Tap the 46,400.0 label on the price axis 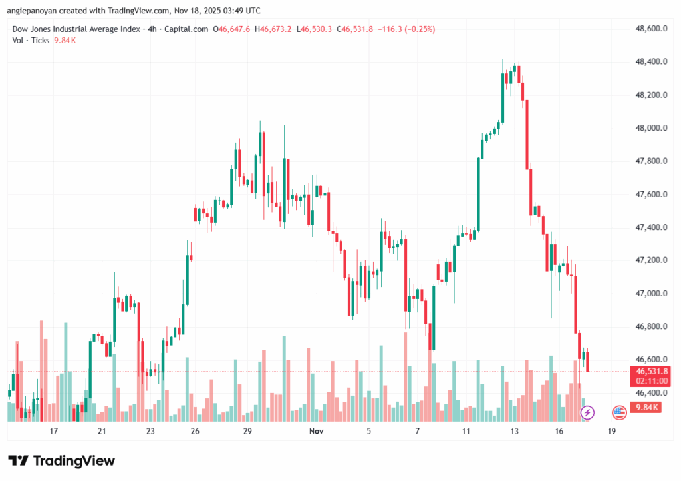[x=648, y=393]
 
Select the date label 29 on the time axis [x=247, y=432]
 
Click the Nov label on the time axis [x=316, y=432]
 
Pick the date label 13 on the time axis [x=514, y=432]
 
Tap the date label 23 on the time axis [x=150, y=432]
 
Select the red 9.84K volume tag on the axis [x=647, y=408]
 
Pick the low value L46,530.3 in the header [x=315, y=29]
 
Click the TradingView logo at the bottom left [x=61, y=461]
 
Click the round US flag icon [x=620, y=413]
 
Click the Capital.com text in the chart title [x=186, y=29]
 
